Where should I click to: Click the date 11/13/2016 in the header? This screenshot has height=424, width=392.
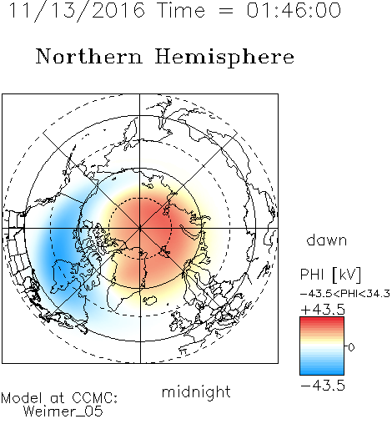[x=77, y=11]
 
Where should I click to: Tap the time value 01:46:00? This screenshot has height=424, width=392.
[x=294, y=10]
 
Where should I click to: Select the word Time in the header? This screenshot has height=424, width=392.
[x=181, y=10]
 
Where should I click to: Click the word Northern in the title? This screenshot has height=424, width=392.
[x=89, y=57]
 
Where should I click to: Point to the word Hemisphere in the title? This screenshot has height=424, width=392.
[x=224, y=58]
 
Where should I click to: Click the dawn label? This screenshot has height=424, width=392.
[x=326, y=240]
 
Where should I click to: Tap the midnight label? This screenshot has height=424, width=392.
[x=196, y=391]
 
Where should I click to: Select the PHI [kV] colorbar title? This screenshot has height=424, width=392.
[x=330, y=275]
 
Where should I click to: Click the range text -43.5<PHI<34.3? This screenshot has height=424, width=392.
[x=345, y=294]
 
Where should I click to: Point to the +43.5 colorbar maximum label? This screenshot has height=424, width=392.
[x=323, y=310]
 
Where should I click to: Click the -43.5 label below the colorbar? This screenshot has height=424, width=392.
[x=323, y=386]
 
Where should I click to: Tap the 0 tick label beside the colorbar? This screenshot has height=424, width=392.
[x=351, y=347]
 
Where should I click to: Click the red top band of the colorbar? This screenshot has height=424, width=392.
[x=322, y=320]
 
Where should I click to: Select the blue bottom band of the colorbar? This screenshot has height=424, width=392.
[x=322, y=371]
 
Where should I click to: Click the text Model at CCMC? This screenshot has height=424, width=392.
[x=59, y=398]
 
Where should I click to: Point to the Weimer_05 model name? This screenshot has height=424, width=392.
[x=63, y=411]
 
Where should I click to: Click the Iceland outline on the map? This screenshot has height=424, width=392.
[x=149, y=300]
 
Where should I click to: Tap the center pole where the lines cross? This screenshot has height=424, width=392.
[x=140, y=229]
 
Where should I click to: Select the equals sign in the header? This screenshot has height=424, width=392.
[x=226, y=11]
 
